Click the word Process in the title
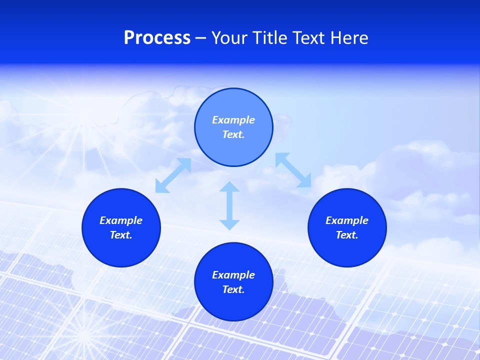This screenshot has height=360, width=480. pyautogui.click(x=157, y=38)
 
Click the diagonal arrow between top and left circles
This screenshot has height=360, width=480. pyautogui.click(x=173, y=175)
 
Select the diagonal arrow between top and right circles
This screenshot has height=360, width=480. pyautogui.click(x=293, y=170)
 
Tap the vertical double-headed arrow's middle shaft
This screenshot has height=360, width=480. pyautogui.click(x=229, y=205)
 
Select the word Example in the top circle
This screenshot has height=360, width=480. pyautogui.click(x=233, y=120)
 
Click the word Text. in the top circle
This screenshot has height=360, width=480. pyautogui.click(x=233, y=134)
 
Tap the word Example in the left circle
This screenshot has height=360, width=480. pyautogui.click(x=121, y=220)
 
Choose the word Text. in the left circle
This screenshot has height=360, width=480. pyautogui.click(x=121, y=235)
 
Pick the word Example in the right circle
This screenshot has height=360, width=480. pyautogui.click(x=347, y=220)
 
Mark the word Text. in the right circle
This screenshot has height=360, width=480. pyautogui.click(x=347, y=235)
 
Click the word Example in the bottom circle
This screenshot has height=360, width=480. pyautogui.click(x=233, y=275)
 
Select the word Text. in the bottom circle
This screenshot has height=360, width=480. pyautogui.click(x=233, y=289)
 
